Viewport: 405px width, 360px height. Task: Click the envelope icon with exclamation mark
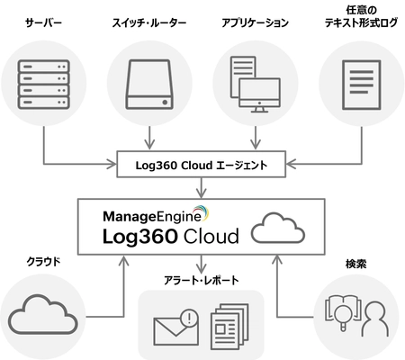tap(175, 328)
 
